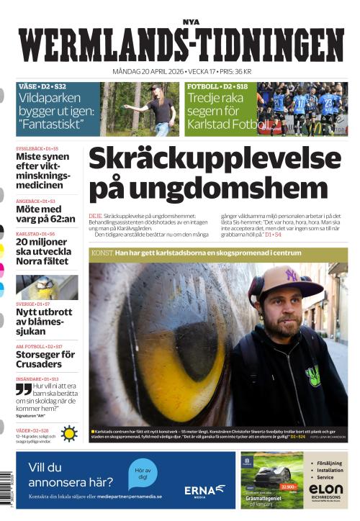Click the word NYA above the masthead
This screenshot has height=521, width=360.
click(x=190, y=22)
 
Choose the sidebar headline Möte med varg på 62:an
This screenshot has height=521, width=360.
click(x=45, y=214)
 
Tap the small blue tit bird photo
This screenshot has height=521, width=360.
click(x=47, y=287)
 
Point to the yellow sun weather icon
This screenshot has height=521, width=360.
click(x=69, y=433)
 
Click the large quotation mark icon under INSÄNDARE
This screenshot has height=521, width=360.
click(x=24, y=389)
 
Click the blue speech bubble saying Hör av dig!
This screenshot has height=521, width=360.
click(x=143, y=474)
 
